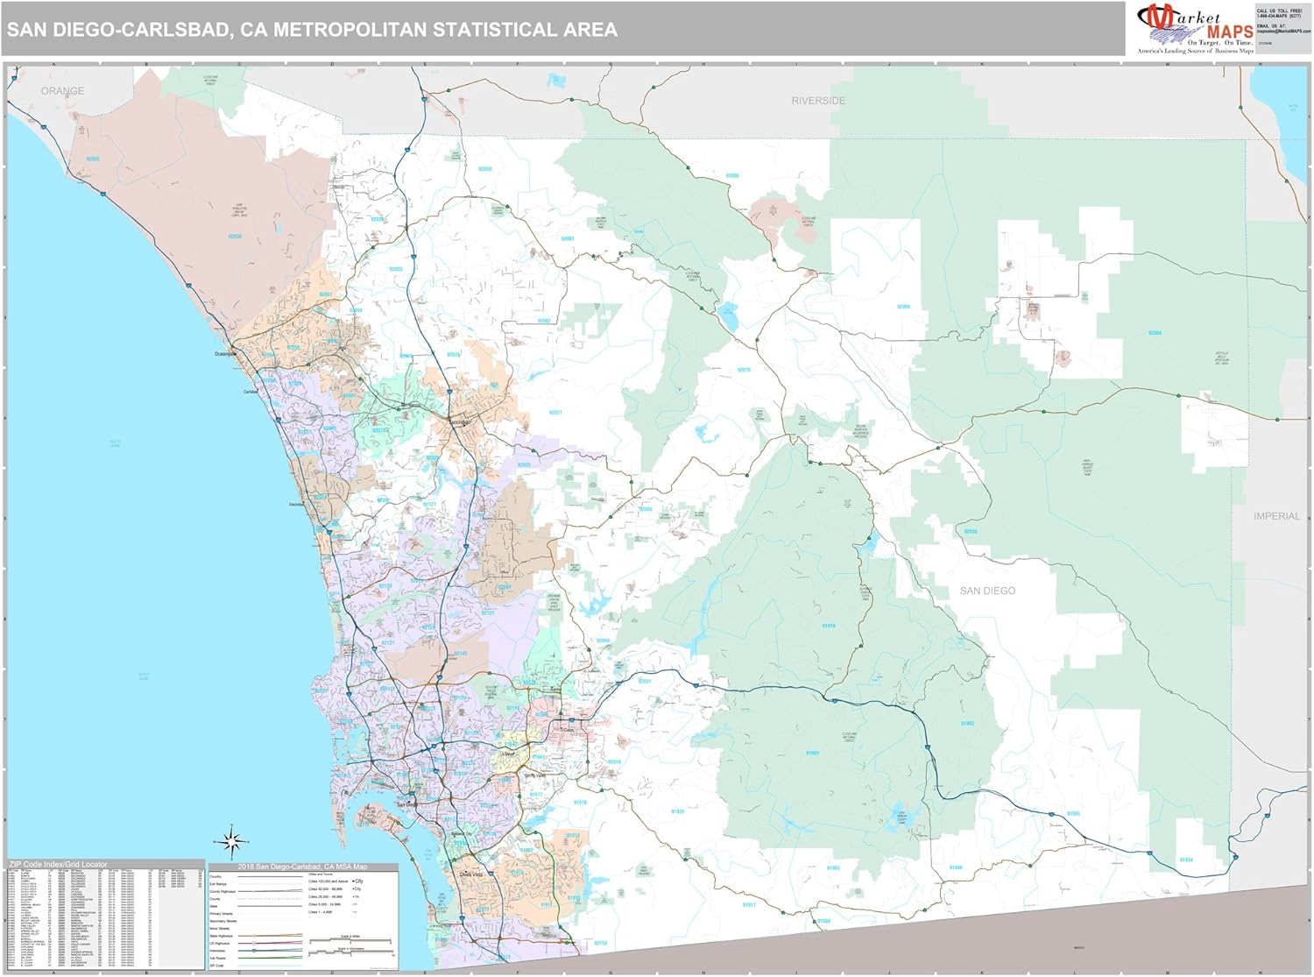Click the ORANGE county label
[62, 91]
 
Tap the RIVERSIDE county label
[818, 101]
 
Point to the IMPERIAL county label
[1276, 516]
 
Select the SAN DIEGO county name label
[987, 591]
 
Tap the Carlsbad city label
[251, 392]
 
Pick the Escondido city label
[461, 422]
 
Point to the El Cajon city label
[568, 730]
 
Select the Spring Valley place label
[533, 775]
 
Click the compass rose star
[232, 842]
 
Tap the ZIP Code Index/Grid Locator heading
[59, 865]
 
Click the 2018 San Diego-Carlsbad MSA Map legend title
[302, 867]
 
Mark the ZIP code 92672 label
[93, 159]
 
